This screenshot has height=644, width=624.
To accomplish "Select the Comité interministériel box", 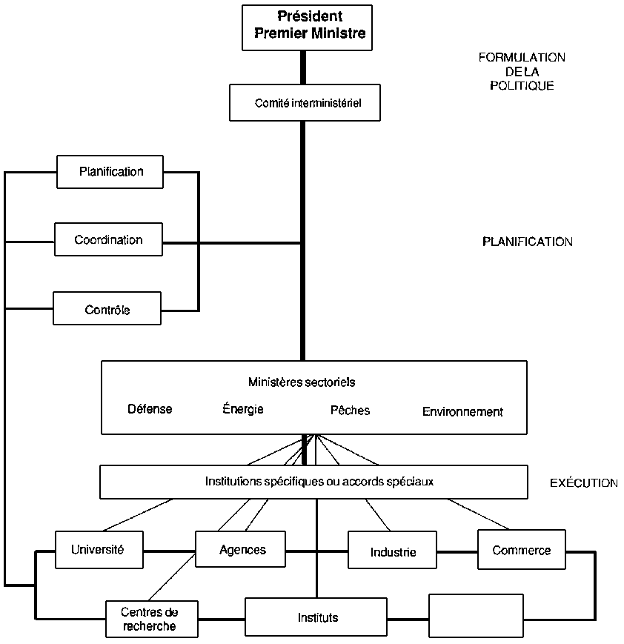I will [x=305, y=103].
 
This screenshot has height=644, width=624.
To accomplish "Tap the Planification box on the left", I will [x=110, y=172].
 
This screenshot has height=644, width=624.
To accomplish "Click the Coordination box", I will [x=108, y=240].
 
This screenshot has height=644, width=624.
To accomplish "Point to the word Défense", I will [x=150, y=409].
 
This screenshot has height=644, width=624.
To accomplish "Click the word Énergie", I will [x=242, y=409].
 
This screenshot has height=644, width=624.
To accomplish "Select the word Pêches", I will [x=350, y=410].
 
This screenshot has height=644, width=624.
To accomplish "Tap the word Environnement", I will [x=462, y=411].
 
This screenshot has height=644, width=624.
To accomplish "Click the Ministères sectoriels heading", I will [x=302, y=383].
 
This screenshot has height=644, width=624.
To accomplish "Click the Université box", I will [x=97, y=550].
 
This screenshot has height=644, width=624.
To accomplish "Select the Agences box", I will [x=242, y=550].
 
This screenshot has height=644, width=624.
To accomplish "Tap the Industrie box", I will [x=392, y=551].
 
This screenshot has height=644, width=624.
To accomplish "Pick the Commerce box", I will [x=521, y=550].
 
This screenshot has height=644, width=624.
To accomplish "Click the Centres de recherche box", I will [x=151, y=619].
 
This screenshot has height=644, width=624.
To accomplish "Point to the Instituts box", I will [x=317, y=617].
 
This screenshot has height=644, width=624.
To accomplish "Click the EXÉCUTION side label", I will [x=583, y=483].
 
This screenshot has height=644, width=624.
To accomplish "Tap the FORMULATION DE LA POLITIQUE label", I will [x=522, y=71].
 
